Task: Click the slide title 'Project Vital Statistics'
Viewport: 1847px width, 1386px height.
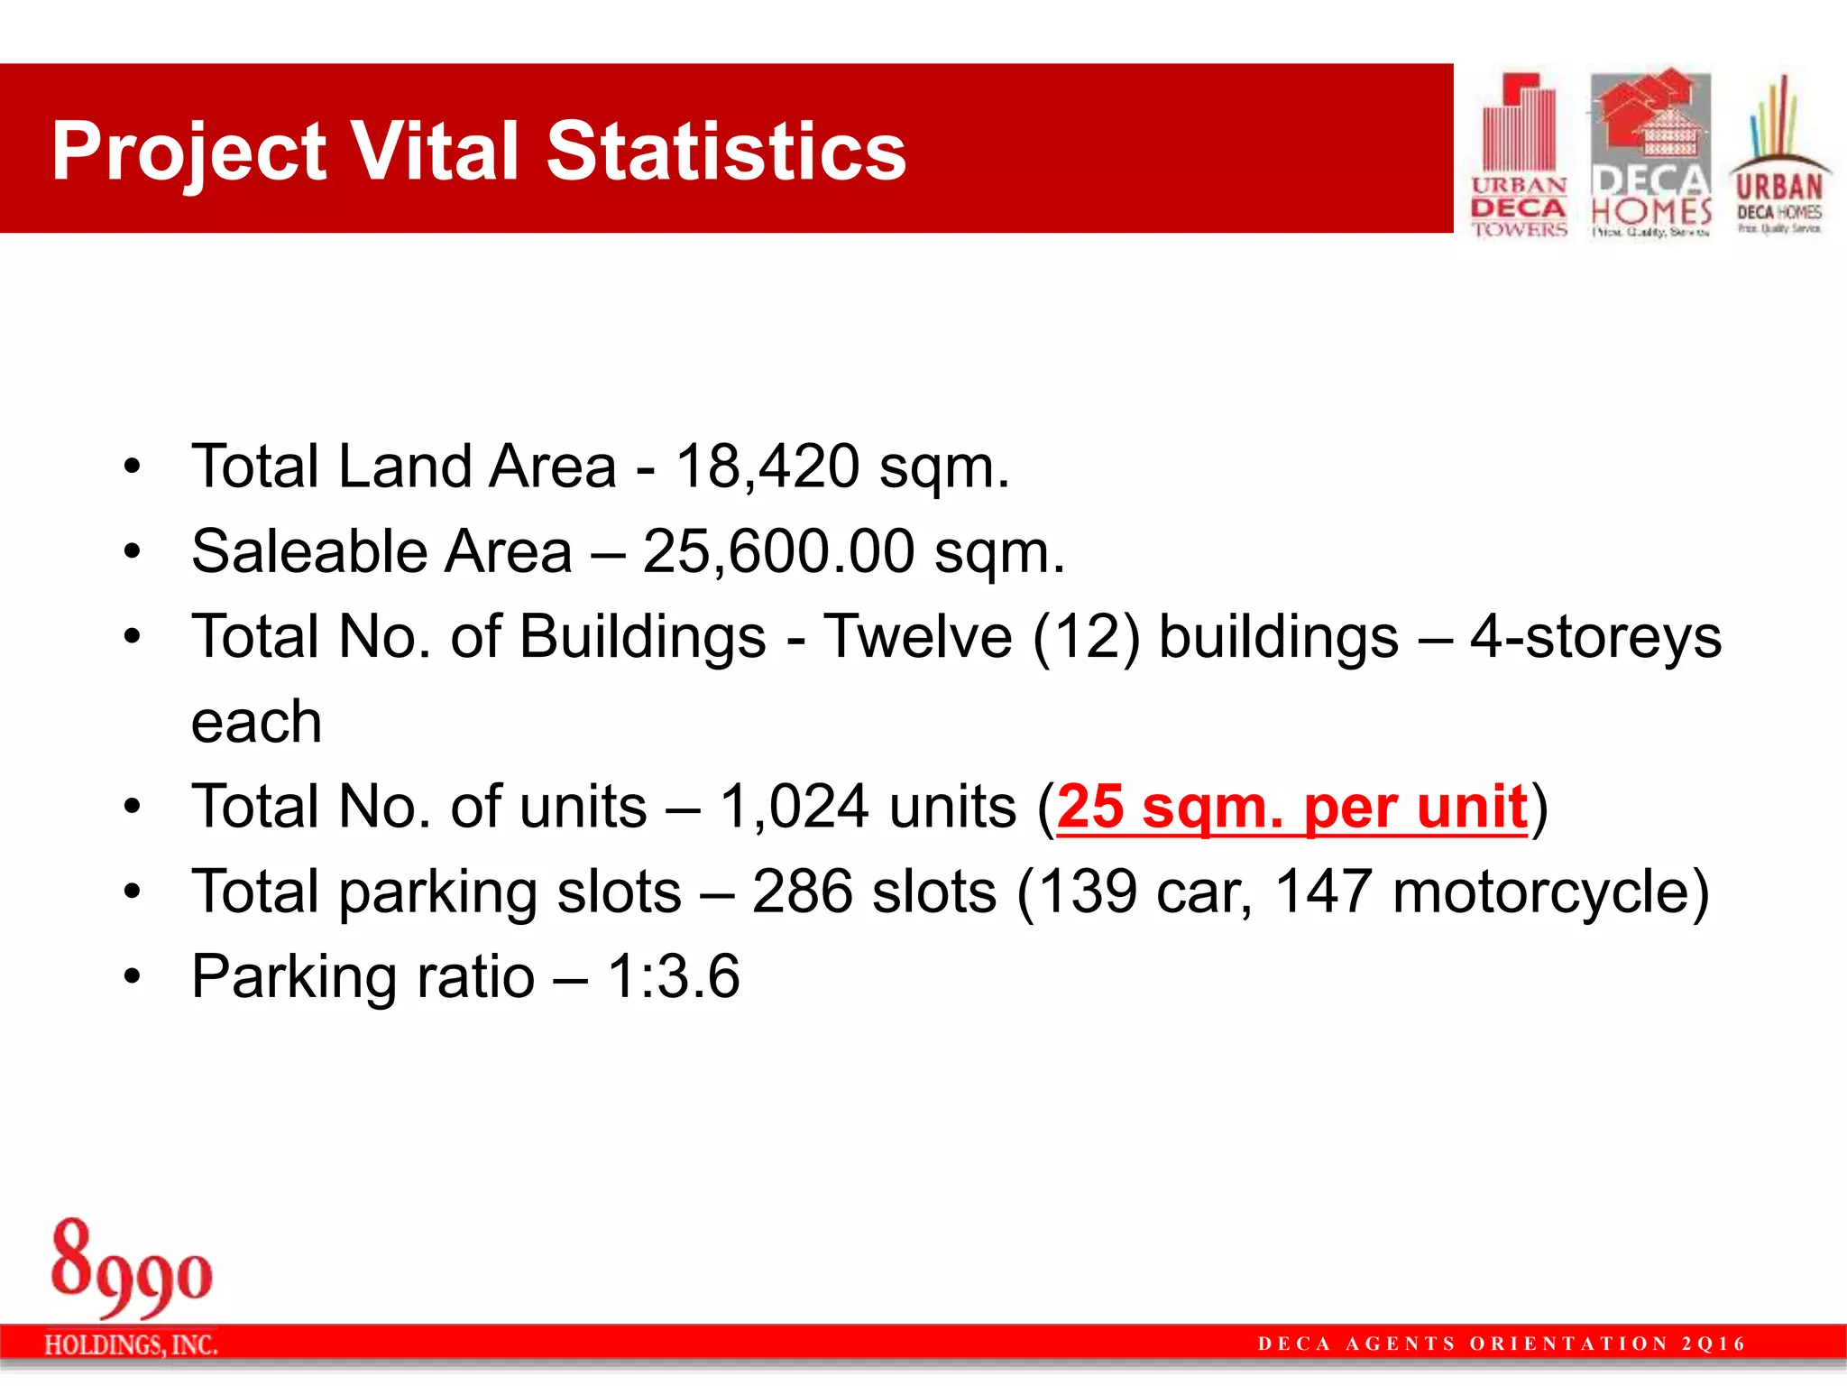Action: (x=478, y=152)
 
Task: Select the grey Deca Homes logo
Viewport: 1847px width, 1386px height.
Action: (x=1650, y=153)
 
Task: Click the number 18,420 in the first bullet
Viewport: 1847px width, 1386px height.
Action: (x=767, y=467)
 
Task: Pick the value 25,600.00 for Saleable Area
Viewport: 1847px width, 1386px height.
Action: (x=778, y=552)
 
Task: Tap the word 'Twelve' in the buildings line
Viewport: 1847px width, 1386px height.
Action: (x=918, y=637)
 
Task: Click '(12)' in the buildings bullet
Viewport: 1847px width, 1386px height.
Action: (x=1086, y=637)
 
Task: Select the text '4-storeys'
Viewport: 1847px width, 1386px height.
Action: (x=1595, y=637)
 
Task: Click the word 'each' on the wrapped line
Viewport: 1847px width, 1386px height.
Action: (x=256, y=723)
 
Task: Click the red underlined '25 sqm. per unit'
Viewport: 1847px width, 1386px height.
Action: (x=1291, y=807)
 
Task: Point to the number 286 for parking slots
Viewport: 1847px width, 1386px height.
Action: (x=802, y=892)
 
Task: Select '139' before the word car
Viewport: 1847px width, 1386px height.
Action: (x=1079, y=892)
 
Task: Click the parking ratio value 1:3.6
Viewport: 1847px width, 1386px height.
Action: (x=673, y=977)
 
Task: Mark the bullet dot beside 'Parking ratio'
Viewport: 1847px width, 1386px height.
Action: (x=133, y=977)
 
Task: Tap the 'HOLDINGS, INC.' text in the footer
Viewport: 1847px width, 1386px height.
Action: (x=132, y=1345)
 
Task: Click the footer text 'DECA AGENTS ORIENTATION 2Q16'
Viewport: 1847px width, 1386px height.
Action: (x=1502, y=1344)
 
